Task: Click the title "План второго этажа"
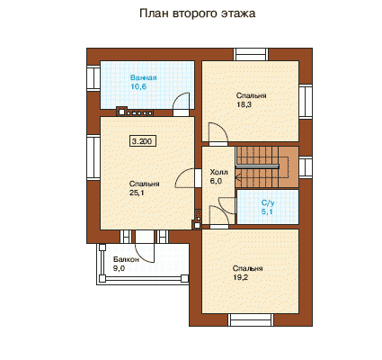click(x=198, y=13)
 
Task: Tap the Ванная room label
click(x=143, y=77)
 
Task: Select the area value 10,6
click(x=138, y=86)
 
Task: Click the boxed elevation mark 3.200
click(x=143, y=141)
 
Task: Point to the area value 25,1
click(x=137, y=193)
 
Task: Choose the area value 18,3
click(x=244, y=104)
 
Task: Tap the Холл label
click(x=218, y=172)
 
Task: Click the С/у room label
click(x=268, y=202)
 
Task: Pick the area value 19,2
click(x=241, y=277)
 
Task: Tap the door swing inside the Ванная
click(x=182, y=103)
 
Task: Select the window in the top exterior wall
click(x=251, y=54)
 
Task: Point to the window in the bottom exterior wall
click(x=251, y=319)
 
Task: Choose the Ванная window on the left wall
click(x=93, y=77)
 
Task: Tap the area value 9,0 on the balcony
click(x=119, y=268)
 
